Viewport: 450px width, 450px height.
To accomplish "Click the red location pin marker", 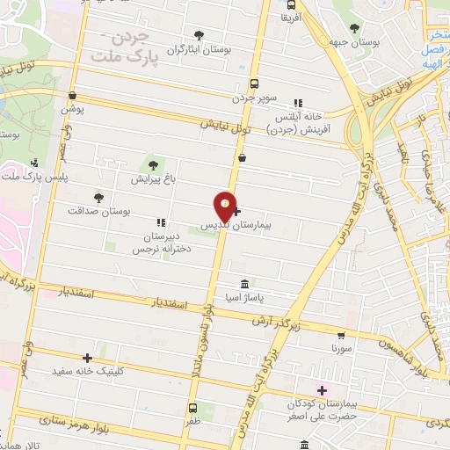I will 226,206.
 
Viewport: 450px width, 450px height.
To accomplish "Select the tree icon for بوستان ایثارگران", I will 199,36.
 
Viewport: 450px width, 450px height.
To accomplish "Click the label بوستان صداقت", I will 98,212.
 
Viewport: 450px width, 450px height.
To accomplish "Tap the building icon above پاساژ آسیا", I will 244,285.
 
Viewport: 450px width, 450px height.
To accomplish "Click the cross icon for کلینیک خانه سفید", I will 87,358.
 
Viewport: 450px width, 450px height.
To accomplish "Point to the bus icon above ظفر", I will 192,407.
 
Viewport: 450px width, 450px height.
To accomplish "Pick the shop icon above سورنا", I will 342,335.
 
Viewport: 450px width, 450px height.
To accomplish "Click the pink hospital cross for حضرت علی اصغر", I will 322,389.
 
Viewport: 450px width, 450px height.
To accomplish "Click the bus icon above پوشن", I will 72,97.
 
